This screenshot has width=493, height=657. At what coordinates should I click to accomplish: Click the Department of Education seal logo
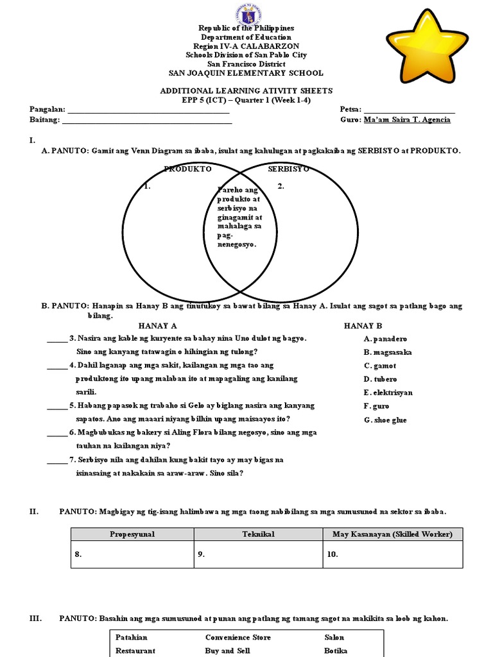click(x=246, y=12)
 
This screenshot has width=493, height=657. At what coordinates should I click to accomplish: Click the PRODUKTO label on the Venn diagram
click(x=187, y=169)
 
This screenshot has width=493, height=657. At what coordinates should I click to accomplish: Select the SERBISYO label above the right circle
click(x=289, y=169)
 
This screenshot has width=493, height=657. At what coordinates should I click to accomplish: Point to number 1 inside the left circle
click(x=148, y=187)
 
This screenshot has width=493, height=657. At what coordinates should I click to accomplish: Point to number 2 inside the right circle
click(x=281, y=187)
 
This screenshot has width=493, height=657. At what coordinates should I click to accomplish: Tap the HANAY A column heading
click(x=158, y=326)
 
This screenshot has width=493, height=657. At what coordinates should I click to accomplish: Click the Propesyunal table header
click(x=132, y=534)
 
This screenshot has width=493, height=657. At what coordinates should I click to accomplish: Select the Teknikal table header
click(x=258, y=534)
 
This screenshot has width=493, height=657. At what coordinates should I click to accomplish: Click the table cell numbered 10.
click(x=392, y=555)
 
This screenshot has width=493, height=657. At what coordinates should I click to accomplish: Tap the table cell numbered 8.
click(x=132, y=555)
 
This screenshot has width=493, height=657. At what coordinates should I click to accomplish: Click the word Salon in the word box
click(x=334, y=638)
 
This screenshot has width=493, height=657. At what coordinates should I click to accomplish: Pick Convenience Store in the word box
click(x=238, y=638)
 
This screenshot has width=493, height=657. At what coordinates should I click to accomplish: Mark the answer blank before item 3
click(x=56, y=339)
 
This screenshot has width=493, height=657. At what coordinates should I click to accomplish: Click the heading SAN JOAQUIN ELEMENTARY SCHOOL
click(x=246, y=73)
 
